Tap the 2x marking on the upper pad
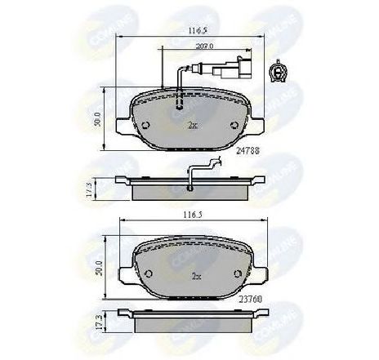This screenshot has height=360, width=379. tap(194, 126)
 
